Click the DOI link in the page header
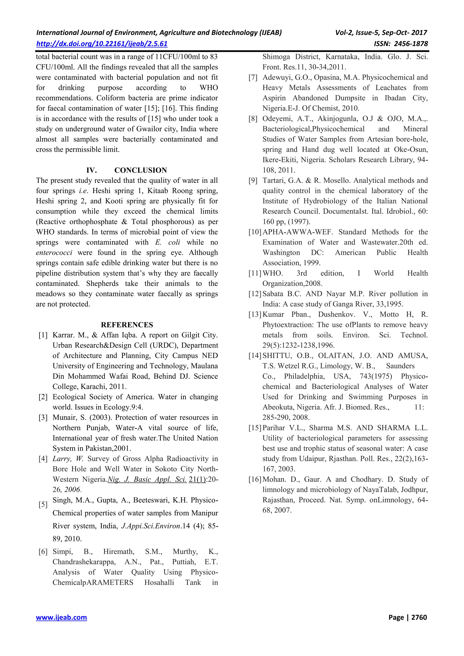tap(102, 44)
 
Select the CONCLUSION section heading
tap(140, 170)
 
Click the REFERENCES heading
tap(127, 325)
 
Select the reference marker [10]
tap(255, 232)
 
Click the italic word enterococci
tap(54, 253)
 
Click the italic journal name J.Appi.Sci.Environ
tap(151, 526)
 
